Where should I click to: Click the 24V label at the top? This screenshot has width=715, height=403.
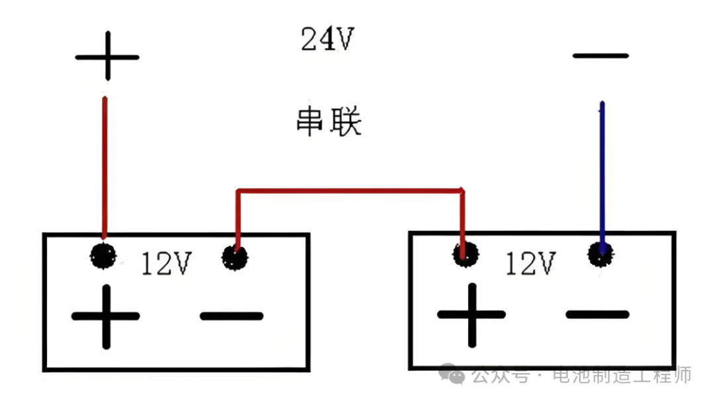click(x=328, y=40)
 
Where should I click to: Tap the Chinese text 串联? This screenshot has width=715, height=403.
click(x=328, y=122)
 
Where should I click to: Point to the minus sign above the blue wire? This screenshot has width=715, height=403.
click(x=600, y=56)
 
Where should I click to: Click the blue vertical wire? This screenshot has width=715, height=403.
click(x=602, y=172)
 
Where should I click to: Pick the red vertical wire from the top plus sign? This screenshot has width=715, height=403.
click(x=104, y=165)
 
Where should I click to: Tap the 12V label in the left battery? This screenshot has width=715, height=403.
click(x=166, y=265)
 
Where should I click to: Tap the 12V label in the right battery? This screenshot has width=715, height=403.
click(x=530, y=263)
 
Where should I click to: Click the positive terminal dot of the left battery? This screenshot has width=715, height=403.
click(x=103, y=255)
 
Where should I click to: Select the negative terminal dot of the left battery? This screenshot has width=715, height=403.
click(x=235, y=257)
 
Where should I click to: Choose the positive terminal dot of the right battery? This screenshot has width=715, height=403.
click(x=465, y=253)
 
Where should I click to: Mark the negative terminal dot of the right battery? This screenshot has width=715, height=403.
click(x=601, y=253)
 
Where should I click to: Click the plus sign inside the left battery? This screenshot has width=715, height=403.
click(x=105, y=316)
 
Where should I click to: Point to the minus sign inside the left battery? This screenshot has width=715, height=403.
click(x=232, y=316)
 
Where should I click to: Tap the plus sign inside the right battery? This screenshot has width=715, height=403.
click(x=471, y=314)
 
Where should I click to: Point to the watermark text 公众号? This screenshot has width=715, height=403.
click(x=500, y=376)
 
